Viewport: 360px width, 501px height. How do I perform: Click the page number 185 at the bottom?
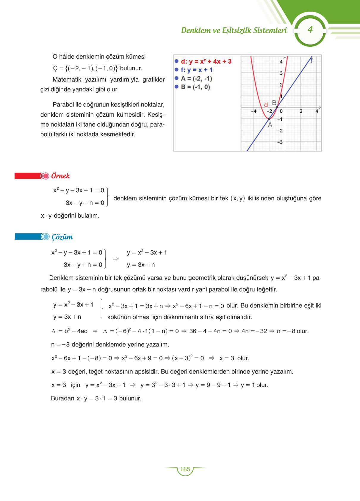tap(185, 469)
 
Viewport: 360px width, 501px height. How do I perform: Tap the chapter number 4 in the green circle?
tap(310, 30)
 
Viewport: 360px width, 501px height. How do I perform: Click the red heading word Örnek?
tap(60, 176)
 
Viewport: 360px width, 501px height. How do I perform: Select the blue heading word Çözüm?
tap(62, 237)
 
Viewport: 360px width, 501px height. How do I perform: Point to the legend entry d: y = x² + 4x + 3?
tap(206, 61)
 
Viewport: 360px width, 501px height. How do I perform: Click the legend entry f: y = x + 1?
tap(197, 70)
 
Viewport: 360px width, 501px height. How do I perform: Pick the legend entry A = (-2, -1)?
tap(196, 79)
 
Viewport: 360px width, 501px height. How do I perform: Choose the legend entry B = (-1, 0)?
tap(195, 87)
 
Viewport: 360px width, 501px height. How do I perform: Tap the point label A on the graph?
tap(270, 125)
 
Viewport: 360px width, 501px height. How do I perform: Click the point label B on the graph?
tap(274, 103)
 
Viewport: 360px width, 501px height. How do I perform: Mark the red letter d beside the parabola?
tap(266, 105)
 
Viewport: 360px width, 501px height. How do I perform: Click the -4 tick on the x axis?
tap(253, 111)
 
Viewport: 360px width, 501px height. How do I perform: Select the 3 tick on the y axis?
tap(281, 73)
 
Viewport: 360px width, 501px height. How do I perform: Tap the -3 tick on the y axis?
tap(280, 142)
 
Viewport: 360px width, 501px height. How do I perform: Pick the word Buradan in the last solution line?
tap(62, 398)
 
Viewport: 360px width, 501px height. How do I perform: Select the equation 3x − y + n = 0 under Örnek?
tap(85, 203)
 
